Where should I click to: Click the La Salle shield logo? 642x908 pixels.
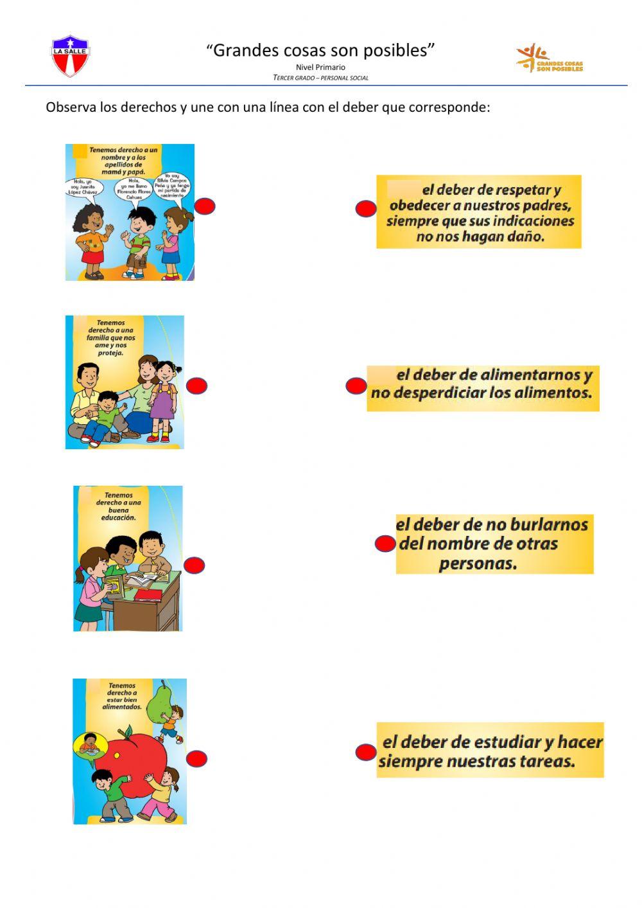pos(70,57)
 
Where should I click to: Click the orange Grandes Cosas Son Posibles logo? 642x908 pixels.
pos(549,58)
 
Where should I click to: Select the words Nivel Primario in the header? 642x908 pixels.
pos(320,67)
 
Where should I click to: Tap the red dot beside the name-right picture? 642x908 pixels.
pos(205,206)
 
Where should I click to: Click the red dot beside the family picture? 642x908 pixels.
pos(196,386)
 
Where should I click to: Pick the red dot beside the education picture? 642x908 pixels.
pos(194,565)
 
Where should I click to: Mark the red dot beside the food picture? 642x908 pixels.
pos(196,758)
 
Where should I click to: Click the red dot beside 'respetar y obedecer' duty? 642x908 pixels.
pos(366,208)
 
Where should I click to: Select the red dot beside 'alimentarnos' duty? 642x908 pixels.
pos(356,386)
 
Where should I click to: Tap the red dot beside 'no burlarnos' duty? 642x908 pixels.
pos(385,544)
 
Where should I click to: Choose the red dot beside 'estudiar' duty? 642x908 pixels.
pos(365,752)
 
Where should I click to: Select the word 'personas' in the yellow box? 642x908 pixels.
pos(478,564)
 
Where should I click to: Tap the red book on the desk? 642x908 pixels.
pos(148,594)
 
